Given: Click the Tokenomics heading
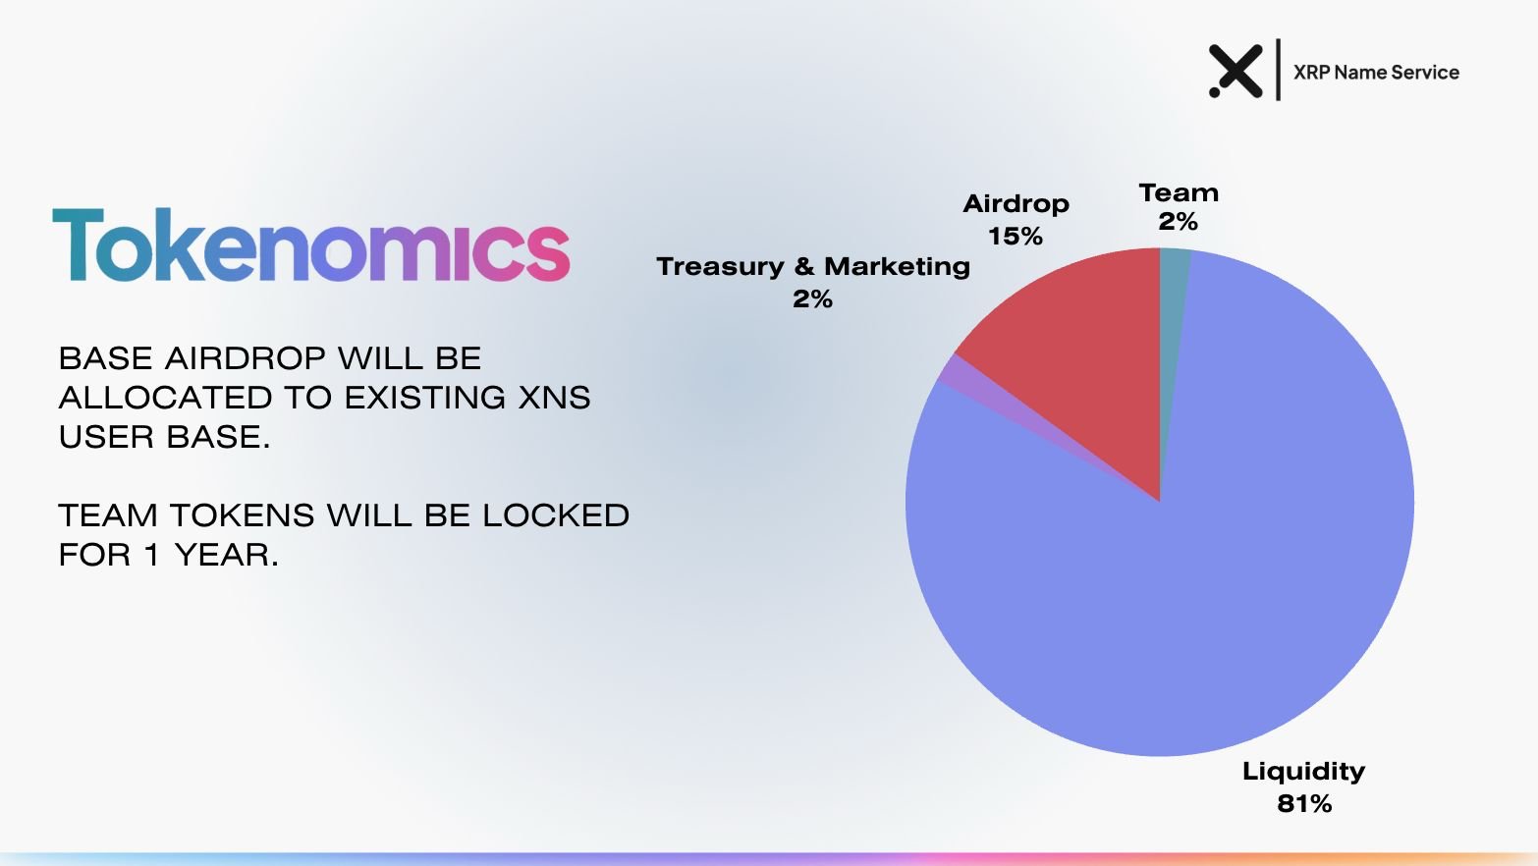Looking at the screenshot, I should coord(310,244).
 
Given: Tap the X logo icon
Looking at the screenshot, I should coord(1236,71).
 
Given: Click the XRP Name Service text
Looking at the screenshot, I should coord(1376,73).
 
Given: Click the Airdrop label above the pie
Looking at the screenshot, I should coord(1016,204).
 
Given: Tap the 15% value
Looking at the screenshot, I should coord(1016,237).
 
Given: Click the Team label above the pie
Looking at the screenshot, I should coord(1179,192).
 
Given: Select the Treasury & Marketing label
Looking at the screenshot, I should coord(812,266).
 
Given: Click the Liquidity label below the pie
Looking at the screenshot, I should coord(1303,771).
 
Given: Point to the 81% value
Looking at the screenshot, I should coord(1304,804).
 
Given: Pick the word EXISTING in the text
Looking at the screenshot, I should coord(424,398).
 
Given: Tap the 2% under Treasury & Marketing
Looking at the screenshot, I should coord(812,299).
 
